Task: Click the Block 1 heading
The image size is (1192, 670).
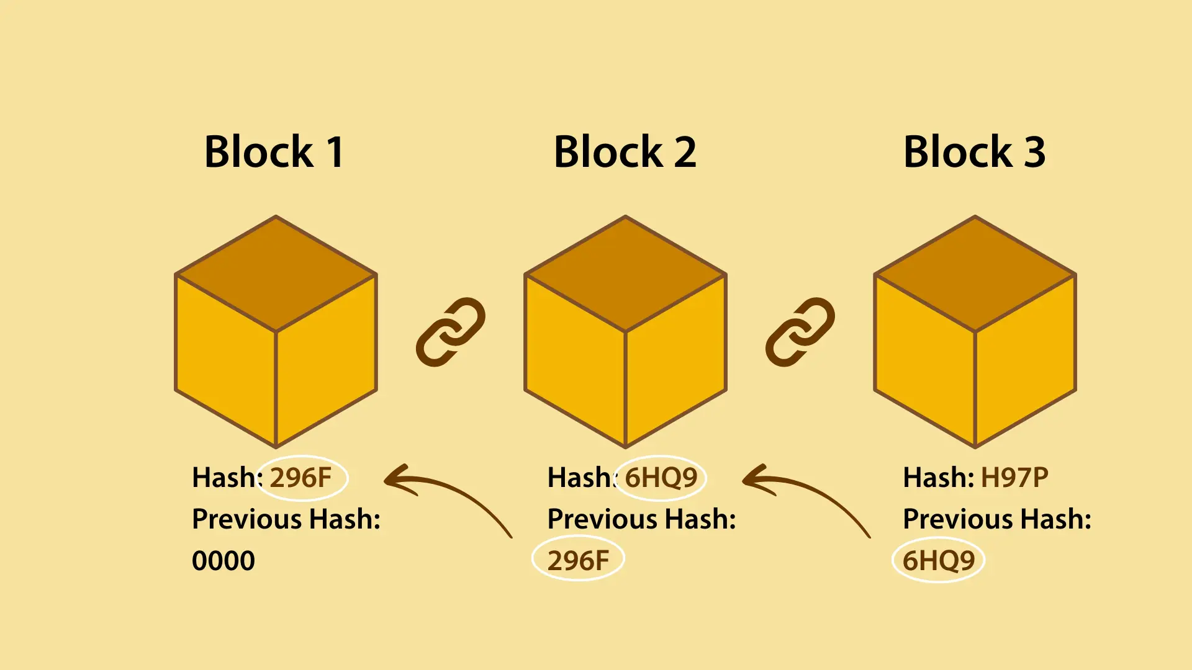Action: (x=274, y=152)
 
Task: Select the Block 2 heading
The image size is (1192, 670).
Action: (x=625, y=152)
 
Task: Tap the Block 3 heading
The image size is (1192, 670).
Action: (x=974, y=152)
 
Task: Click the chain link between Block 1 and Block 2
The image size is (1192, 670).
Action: (x=450, y=332)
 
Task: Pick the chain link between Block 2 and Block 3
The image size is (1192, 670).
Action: (x=800, y=332)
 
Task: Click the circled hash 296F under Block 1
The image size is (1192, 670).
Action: (x=301, y=478)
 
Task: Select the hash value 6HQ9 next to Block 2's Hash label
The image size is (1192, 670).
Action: (x=661, y=478)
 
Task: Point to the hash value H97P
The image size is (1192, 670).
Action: (x=1014, y=478)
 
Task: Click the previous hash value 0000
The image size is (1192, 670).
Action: (x=223, y=561)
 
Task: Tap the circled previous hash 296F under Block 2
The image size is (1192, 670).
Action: (x=578, y=561)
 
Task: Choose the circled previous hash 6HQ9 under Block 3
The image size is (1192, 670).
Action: (x=938, y=561)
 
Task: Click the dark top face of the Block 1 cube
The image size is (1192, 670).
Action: (x=276, y=273)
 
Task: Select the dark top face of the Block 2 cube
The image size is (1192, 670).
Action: (x=625, y=273)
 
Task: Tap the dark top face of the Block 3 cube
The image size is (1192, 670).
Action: (x=975, y=273)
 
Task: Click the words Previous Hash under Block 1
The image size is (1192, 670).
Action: (x=286, y=519)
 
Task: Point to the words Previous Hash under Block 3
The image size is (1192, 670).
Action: (x=996, y=519)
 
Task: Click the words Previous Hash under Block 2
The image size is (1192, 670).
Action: (x=641, y=519)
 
